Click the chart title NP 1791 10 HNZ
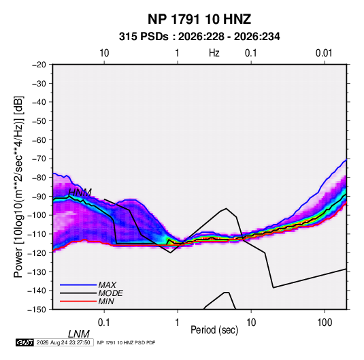click(199, 19)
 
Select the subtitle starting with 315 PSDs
click(199, 37)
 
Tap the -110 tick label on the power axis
click(37, 234)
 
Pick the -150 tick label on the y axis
click(37, 310)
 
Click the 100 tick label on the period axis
click(325, 323)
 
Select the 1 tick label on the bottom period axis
click(178, 323)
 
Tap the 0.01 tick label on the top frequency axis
click(324, 53)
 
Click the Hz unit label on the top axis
click(214, 53)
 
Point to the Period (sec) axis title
click(214, 330)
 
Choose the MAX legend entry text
click(107, 285)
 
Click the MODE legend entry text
click(110, 293)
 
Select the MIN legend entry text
click(106, 301)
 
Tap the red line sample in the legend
click(78, 301)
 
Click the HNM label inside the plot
click(80, 193)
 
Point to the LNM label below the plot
click(79, 334)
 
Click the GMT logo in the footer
click(25, 342)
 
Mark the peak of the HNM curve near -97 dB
click(226, 208)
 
